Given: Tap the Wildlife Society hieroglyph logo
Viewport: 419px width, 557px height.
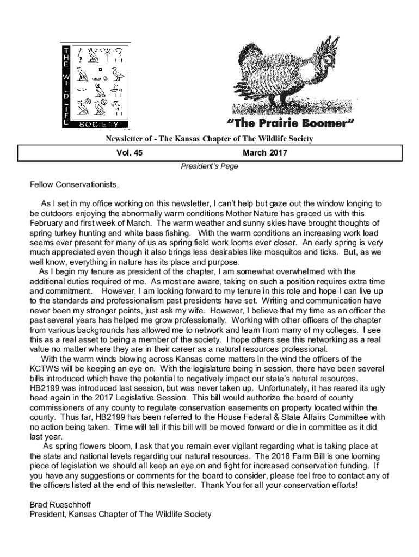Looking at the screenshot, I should pyautogui.click(x=95, y=85).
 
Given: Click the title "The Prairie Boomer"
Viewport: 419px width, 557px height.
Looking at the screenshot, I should pyautogui.click(x=289, y=124).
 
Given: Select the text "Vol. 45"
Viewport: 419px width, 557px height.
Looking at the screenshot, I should pyautogui.click(x=130, y=153).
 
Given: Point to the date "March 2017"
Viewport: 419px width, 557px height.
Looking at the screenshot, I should pyautogui.click(x=265, y=153).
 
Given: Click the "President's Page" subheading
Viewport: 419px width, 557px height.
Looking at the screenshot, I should pyautogui.click(x=209, y=166).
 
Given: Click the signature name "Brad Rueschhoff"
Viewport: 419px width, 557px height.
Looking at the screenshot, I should pyautogui.click(x=59, y=504).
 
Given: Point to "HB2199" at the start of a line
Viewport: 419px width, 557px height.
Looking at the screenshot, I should pyautogui.click(x=46, y=388).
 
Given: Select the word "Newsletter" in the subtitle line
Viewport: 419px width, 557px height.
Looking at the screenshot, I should pyautogui.click(x=124, y=139).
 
